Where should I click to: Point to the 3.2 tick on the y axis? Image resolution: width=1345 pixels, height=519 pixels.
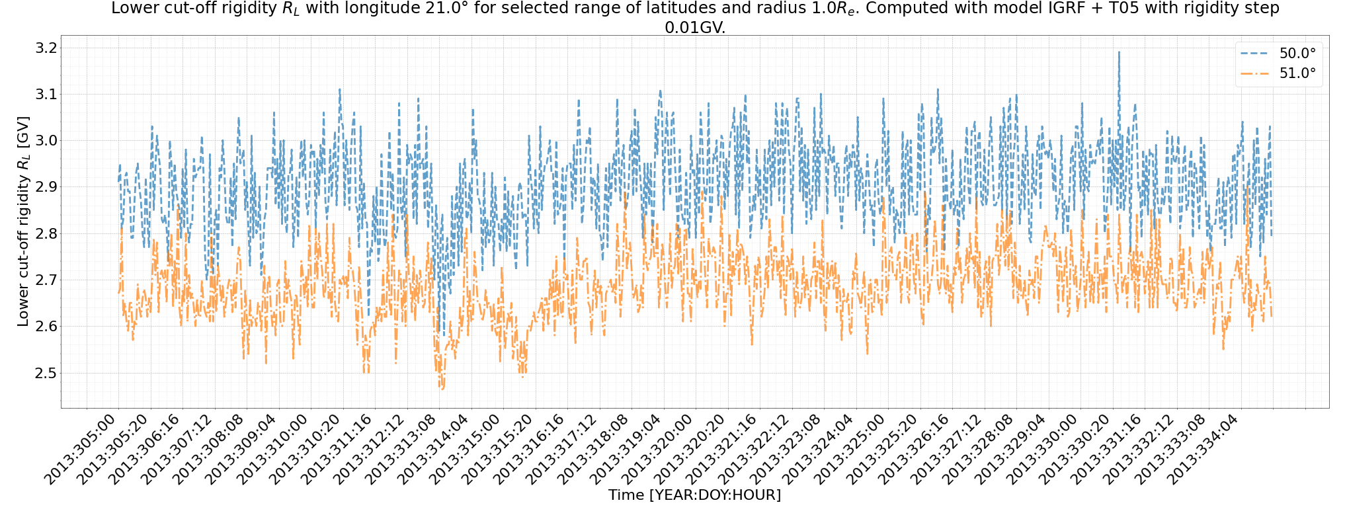46,48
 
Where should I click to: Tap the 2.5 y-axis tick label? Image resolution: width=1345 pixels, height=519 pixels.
46,373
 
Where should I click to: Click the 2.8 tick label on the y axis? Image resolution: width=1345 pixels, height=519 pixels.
46,233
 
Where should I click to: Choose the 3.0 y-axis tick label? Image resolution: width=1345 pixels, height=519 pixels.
46,140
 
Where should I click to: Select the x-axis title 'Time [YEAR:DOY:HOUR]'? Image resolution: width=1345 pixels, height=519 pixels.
694,495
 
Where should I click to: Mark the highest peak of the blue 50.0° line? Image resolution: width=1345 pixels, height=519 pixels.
1119,52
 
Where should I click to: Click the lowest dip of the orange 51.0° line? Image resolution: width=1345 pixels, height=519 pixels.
442,389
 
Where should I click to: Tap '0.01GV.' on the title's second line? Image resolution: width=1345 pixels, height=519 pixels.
694,28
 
